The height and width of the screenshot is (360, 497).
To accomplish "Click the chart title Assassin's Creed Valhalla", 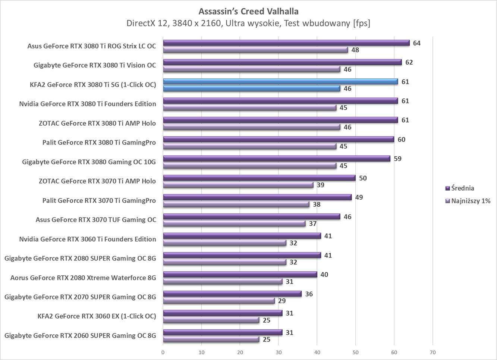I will coord(248,11).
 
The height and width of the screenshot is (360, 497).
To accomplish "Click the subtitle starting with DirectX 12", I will coord(248,24).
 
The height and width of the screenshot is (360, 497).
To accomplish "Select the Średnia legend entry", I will coord(462,188).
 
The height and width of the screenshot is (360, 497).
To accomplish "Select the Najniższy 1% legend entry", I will coord(471,201).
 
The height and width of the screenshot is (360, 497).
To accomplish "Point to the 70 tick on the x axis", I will coord(432,352).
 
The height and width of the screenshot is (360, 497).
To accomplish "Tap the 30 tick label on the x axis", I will coord(279,352).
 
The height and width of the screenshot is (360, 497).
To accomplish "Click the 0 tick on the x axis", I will coord(163,352).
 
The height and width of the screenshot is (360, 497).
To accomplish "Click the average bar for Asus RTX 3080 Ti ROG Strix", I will coord(286,43).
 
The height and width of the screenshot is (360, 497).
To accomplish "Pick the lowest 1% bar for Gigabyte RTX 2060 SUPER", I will coord(211,339).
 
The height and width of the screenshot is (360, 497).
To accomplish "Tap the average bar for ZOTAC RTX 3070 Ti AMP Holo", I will coord(259,178).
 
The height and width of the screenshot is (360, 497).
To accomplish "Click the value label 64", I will coord(416,43).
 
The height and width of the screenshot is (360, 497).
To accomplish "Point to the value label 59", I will coord(397,159).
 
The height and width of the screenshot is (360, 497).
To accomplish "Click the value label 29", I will coord(282,301).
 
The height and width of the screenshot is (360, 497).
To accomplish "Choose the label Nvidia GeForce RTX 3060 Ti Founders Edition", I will coord(88,239).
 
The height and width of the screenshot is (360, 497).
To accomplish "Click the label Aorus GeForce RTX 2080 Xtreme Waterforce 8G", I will coord(83,278).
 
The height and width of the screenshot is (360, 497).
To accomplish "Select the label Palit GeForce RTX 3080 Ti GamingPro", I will coord(99,143).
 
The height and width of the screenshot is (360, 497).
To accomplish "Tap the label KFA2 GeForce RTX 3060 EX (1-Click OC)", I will coord(97,316).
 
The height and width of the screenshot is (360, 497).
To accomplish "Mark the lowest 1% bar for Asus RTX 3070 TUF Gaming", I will coord(234,223).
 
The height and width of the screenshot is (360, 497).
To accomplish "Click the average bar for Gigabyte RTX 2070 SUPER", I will coord(232,294).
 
